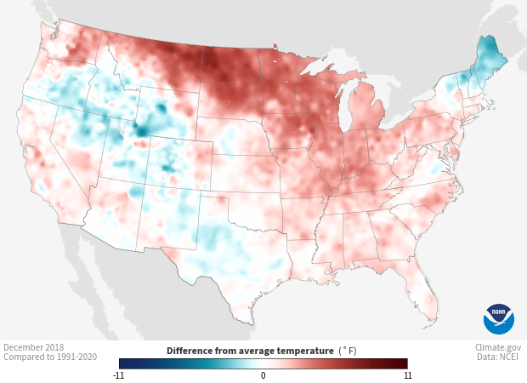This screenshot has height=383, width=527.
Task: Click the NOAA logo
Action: click(499, 318)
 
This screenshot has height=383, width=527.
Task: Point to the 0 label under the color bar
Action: click(263, 374)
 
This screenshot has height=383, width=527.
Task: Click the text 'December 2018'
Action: click(33, 347)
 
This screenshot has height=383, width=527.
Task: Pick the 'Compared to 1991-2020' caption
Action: click(50, 357)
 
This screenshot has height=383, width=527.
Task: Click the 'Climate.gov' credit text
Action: click(498, 347)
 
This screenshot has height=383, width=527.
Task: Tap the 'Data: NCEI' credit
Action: click(499, 357)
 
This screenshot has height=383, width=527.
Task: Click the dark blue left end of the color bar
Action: click(123, 363)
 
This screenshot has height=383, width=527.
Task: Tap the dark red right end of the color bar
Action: click(404, 363)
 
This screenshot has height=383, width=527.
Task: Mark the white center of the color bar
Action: click(263, 363)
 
